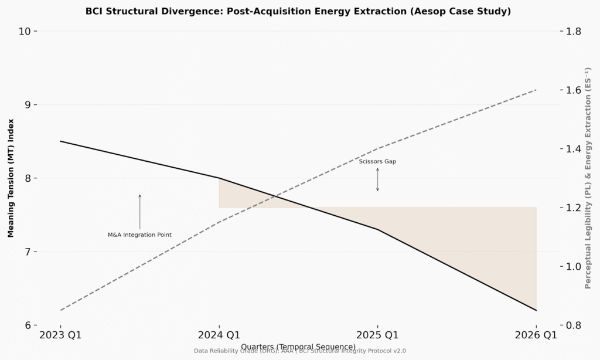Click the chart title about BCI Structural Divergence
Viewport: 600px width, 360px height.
298,11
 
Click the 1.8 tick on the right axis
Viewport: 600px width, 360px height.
577,31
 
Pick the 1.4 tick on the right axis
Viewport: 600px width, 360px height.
577,149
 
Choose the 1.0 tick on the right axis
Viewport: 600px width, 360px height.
577,267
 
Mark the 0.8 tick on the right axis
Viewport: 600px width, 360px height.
577,325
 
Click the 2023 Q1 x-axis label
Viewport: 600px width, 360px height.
60,335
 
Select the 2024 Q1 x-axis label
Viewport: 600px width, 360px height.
219,335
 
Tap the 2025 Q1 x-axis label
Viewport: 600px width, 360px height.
377,335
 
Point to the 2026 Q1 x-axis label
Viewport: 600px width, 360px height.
536,335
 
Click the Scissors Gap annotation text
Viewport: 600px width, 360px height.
377,161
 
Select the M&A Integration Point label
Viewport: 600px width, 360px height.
139,235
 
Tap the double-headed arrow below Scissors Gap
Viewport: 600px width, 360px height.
377,179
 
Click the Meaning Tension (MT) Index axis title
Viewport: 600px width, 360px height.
11,178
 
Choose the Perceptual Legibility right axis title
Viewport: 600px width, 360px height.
588,178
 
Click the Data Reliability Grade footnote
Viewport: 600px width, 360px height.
299,351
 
